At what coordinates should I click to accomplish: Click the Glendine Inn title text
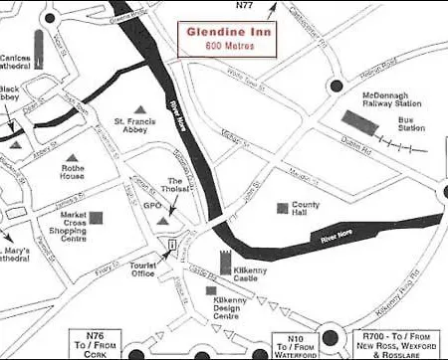click(x=231, y=31)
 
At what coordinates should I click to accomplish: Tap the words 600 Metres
click(x=231, y=46)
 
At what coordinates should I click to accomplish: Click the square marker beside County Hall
click(x=280, y=208)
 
